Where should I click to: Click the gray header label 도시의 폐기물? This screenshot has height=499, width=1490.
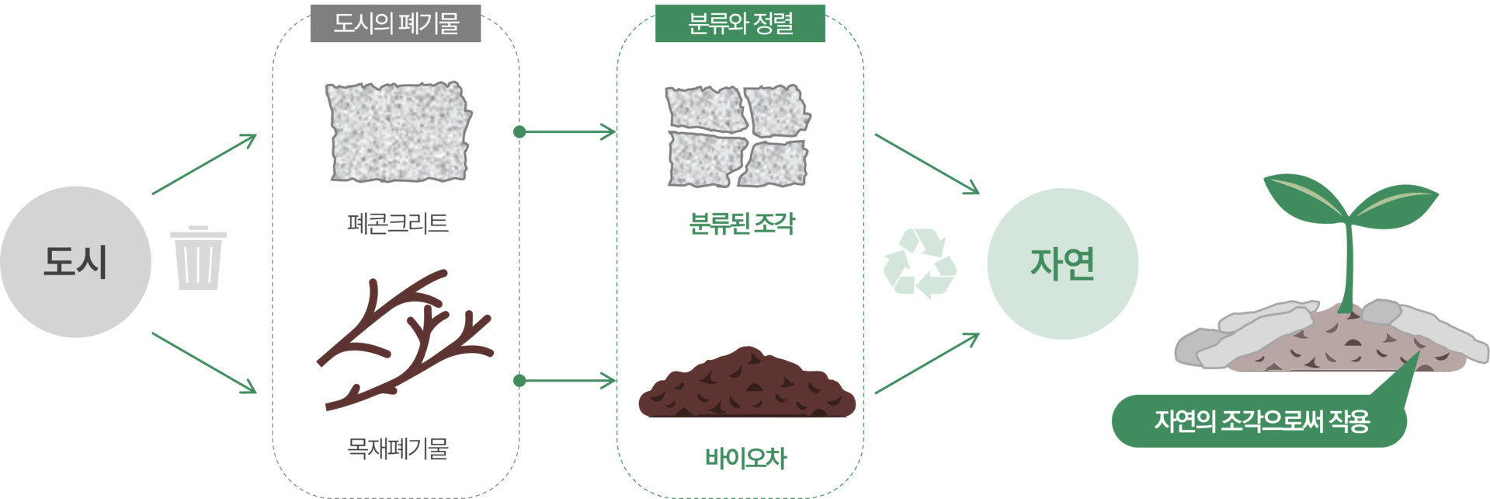[395, 23]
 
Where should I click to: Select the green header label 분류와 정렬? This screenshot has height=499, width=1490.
[739, 23]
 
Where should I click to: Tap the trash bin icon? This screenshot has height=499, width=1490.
[199, 258]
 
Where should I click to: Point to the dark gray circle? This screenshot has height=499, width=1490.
[76, 262]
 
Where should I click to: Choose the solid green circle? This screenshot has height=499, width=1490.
[1062, 263]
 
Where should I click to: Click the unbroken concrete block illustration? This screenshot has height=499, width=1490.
[398, 131]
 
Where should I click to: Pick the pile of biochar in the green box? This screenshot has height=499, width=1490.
[746, 386]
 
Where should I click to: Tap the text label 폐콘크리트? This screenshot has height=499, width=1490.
[397, 224]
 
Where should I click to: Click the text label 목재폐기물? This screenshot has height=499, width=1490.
[397, 449]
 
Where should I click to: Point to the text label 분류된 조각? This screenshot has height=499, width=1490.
[742, 224]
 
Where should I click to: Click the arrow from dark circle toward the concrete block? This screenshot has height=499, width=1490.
[204, 164]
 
